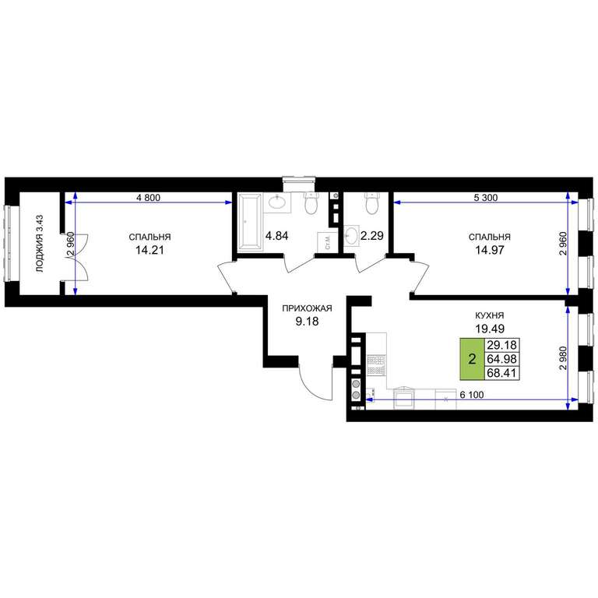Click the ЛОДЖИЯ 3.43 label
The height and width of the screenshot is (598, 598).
(40, 244)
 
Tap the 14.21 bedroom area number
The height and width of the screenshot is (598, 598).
(149, 250)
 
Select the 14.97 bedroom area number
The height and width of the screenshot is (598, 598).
(490, 250)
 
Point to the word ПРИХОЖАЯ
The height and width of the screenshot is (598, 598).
(307, 308)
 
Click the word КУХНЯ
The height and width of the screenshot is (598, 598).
(489, 315)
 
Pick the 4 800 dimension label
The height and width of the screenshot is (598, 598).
(149, 198)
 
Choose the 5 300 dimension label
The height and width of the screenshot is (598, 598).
(485, 198)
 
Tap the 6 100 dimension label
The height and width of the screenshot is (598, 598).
(472, 395)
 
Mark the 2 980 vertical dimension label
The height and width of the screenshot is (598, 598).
(562, 358)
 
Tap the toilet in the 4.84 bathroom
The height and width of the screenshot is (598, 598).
(311, 203)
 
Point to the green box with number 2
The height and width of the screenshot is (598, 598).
(472, 359)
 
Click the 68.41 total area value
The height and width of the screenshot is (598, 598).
(501, 373)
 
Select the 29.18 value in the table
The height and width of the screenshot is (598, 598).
(501, 345)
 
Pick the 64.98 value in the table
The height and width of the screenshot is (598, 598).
(501, 359)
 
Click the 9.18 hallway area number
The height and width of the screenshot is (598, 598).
(307, 322)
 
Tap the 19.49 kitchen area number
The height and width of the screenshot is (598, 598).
(490, 329)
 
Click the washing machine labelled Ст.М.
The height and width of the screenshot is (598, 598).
(327, 242)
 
